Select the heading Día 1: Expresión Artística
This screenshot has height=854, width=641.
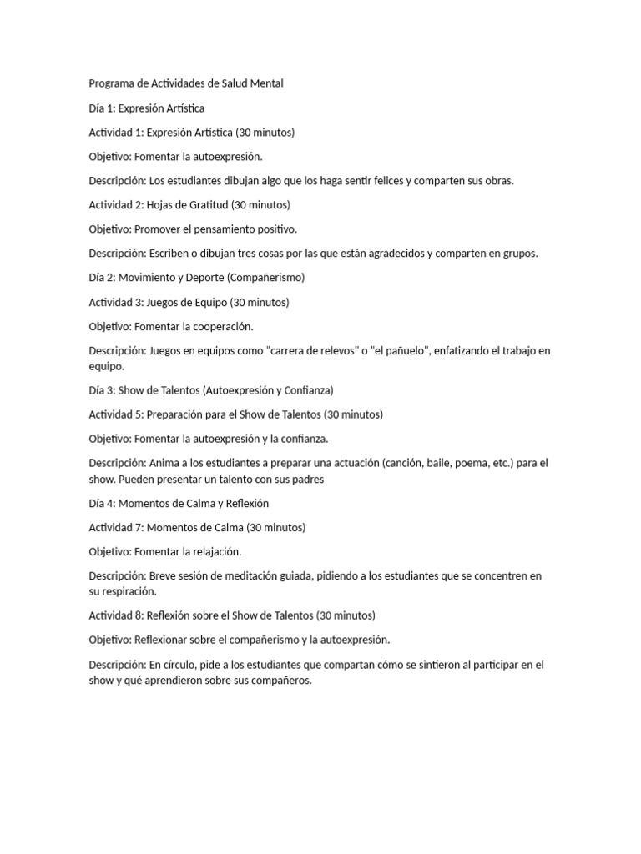146,108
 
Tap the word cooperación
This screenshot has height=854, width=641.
222,326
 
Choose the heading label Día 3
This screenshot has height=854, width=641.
101,390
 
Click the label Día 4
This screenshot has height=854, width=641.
101,503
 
